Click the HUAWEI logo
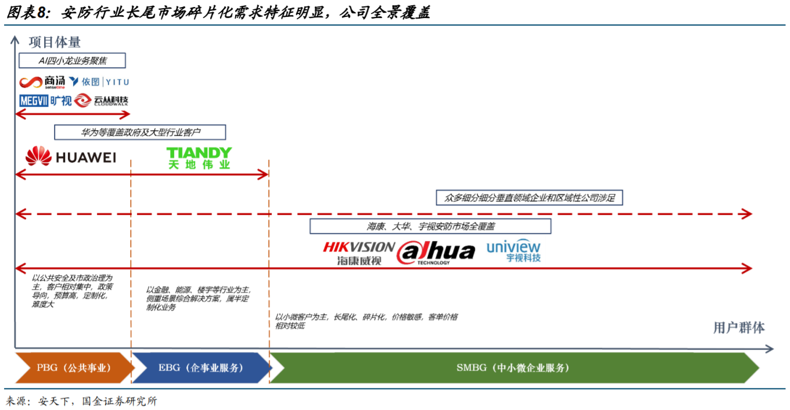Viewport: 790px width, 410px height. point(71,156)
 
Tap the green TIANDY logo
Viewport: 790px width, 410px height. point(199,157)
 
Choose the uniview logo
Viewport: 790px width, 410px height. point(513,250)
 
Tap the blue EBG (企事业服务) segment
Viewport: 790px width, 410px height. point(201,368)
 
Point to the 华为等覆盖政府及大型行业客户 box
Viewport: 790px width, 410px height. point(139,132)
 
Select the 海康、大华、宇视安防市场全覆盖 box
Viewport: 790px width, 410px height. point(430,226)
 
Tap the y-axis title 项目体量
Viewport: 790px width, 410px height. point(55,42)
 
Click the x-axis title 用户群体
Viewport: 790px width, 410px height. point(739,328)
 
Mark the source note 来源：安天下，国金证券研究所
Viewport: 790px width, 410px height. point(81,401)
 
